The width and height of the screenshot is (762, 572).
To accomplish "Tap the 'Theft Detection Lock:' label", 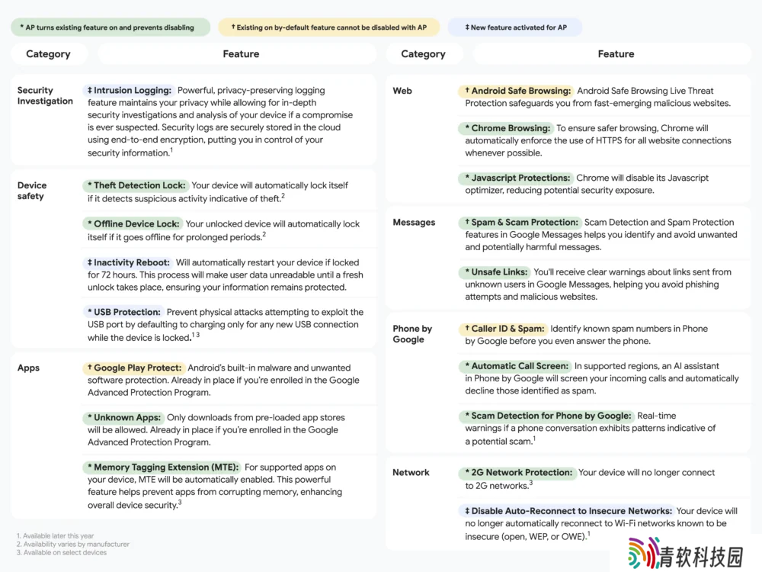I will click(x=135, y=185).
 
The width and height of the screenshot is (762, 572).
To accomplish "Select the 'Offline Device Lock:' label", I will click(x=133, y=224).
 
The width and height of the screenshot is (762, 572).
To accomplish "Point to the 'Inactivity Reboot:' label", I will click(x=127, y=262).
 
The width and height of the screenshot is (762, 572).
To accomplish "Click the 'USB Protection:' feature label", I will click(x=123, y=312).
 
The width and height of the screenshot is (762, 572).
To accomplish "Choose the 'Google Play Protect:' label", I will click(x=133, y=368).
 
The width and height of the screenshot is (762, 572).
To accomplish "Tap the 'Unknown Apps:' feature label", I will click(x=123, y=417).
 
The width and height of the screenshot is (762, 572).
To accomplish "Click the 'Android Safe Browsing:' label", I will click(x=516, y=91).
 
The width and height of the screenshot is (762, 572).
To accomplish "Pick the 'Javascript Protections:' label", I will click(x=516, y=178).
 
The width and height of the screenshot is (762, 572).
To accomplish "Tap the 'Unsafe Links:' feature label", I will click(x=495, y=272).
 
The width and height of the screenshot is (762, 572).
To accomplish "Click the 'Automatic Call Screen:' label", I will click(x=516, y=366).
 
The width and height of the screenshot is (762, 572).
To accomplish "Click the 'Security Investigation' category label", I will click(x=45, y=95).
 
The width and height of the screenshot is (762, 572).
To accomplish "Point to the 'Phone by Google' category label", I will click(x=412, y=334).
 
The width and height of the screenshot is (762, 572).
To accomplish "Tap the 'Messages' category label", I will click(x=414, y=222).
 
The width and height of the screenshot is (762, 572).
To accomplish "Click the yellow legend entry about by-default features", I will click(x=329, y=27).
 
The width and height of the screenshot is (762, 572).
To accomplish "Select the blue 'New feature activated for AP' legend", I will click(x=515, y=27).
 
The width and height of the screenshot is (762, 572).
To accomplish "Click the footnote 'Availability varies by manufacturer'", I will click(x=73, y=545).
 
